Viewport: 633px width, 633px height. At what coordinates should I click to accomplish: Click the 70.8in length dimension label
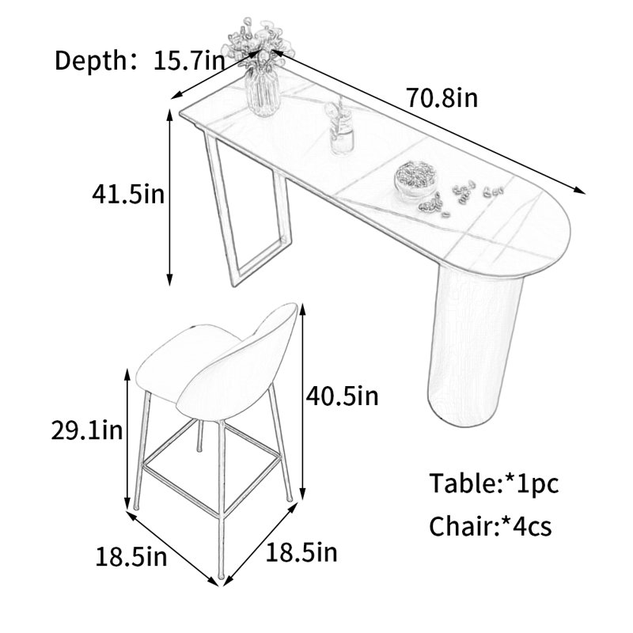point(442,98)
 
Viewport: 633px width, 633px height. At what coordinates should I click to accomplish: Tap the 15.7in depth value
point(188,61)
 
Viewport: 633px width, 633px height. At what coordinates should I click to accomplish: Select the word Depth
point(91,61)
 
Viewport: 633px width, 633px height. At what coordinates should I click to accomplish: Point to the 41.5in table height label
point(128,194)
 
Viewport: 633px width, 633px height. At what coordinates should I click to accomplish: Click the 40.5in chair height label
point(343,396)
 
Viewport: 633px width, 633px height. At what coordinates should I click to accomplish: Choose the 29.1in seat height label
point(87,430)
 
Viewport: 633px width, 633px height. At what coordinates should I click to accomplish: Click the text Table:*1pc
point(494,483)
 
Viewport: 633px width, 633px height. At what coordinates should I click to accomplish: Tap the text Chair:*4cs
point(490,526)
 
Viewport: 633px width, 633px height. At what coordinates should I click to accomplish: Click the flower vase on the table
point(261,66)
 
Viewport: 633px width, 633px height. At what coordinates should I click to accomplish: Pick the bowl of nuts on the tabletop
point(415,179)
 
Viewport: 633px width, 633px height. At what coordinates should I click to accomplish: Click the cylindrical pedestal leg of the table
point(472,347)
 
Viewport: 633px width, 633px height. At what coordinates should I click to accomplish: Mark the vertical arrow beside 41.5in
point(170,197)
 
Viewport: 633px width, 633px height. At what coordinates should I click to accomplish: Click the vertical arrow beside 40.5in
point(303,402)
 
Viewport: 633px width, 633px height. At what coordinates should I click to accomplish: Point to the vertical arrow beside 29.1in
point(128,439)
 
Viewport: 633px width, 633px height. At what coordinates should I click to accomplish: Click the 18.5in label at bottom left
point(131,557)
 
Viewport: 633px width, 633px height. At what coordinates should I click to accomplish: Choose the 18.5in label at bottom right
point(301,552)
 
